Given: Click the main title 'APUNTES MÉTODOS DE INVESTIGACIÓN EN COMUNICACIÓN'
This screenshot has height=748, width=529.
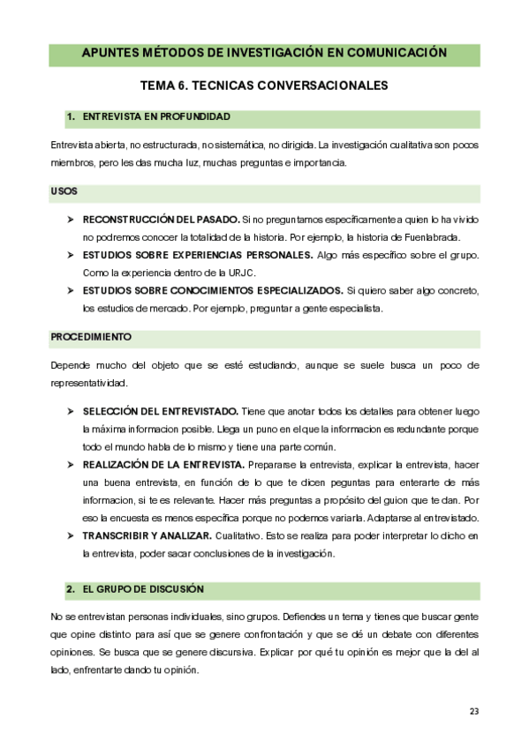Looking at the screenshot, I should (x=264, y=54).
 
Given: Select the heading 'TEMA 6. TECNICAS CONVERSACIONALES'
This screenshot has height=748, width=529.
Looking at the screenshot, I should (x=264, y=86).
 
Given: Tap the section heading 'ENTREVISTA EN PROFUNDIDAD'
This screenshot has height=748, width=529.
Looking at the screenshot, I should (x=156, y=116).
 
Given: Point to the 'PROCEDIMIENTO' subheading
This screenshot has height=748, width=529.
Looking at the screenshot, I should (x=91, y=337).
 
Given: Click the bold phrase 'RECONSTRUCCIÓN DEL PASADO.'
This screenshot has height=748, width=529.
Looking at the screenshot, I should (x=160, y=218).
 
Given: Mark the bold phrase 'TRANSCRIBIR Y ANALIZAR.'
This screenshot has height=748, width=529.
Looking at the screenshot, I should (x=147, y=535).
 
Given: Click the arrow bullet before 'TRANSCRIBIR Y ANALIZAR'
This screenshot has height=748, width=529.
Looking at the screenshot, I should (x=71, y=535).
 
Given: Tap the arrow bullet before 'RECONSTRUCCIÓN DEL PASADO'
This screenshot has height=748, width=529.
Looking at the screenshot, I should (x=71, y=218).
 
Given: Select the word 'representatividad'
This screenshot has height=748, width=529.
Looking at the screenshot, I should (x=90, y=382).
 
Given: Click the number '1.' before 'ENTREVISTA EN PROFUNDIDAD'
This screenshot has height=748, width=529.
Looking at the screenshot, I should (x=70, y=116).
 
